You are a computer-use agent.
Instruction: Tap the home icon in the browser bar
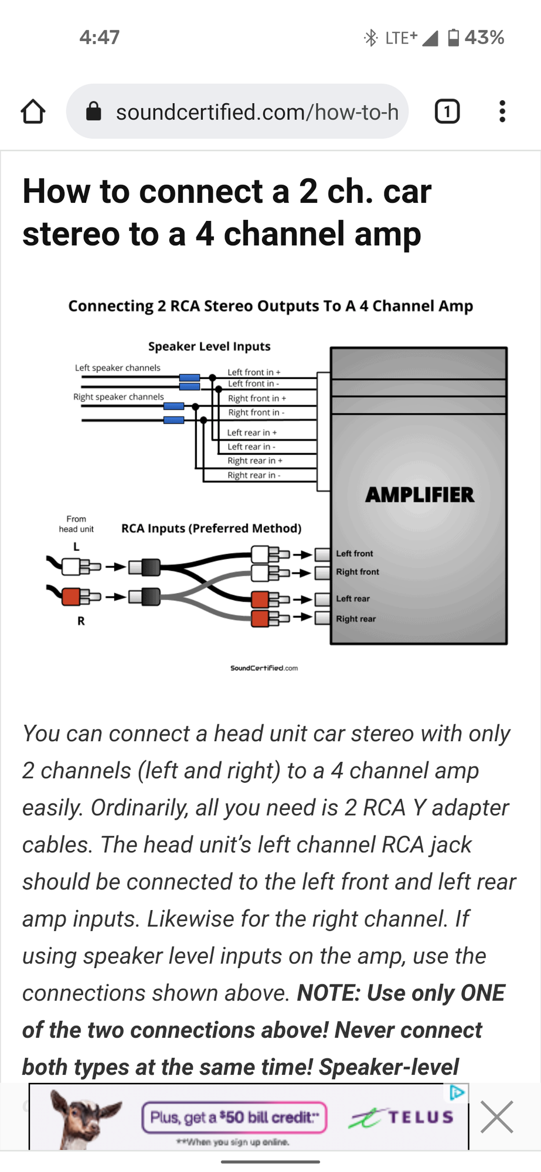coord(33,111)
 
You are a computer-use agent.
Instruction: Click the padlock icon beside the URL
coord(94,111)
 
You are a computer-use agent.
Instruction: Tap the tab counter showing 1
coord(447,111)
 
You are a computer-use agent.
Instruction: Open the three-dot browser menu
coord(502,111)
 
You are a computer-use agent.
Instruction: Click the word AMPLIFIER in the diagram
coord(420,495)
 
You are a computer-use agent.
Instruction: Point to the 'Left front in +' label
coord(254,372)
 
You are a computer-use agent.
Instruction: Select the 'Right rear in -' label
coord(254,475)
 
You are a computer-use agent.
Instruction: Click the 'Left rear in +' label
coord(251,432)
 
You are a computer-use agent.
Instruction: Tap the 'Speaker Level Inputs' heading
coord(209,346)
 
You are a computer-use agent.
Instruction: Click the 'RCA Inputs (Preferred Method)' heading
coord(211,529)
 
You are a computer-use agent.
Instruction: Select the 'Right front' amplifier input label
coord(358,572)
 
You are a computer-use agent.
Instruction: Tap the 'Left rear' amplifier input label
coord(353,599)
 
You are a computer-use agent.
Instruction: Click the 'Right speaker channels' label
coord(118,397)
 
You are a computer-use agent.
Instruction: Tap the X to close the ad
coord(496,1117)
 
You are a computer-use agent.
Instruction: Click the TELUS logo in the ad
coord(402,1118)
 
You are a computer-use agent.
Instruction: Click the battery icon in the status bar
coord(453,38)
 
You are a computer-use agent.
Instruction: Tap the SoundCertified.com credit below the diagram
coord(264,668)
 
